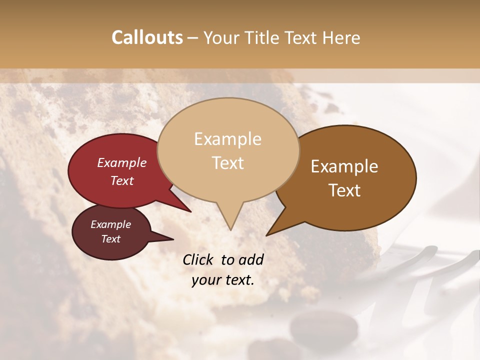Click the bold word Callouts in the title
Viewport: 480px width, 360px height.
tap(147, 37)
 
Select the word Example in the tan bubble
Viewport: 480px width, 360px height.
tap(227, 139)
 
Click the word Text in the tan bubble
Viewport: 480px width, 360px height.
tap(227, 162)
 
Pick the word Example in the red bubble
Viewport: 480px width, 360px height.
tap(121, 162)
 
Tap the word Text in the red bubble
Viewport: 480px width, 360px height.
tap(121, 180)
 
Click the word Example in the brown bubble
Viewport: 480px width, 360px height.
tap(344, 166)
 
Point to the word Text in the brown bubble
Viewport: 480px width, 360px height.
tap(344, 190)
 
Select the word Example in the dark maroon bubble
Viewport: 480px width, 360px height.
tap(110, 224)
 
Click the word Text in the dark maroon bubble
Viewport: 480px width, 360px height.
tap(110, 239)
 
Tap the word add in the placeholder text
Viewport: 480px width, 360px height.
tap(250, 259)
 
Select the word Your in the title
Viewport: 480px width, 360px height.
tap(219, 37)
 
